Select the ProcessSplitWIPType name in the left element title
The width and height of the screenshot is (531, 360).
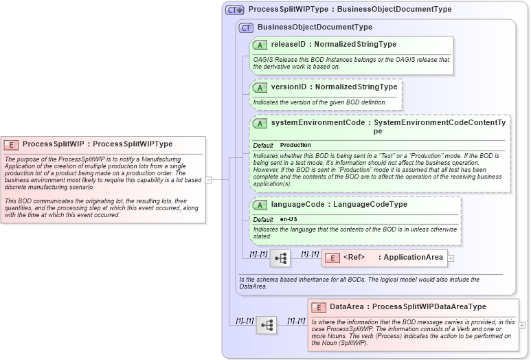(133, 144)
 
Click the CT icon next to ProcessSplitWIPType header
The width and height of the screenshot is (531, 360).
(235, 10)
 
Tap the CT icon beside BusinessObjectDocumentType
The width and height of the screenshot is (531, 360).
(246, 27)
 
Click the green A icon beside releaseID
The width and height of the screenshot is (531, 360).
(260, 45)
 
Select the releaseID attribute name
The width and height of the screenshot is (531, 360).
(288, 45)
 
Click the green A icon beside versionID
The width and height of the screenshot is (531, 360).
(260, 87)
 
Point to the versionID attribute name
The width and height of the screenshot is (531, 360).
(288, 87)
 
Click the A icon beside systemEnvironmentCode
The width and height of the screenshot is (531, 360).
(260, 123)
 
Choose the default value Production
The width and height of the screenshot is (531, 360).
(295, 146)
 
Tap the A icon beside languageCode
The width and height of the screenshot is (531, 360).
(260, 205)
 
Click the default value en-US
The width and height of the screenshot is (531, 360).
(289, 219)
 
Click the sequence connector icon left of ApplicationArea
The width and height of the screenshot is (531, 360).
(280, 258)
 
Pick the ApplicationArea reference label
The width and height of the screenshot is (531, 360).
(413, 258)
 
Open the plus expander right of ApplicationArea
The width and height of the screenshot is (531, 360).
(451, 258)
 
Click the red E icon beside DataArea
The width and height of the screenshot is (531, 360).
(318, 307)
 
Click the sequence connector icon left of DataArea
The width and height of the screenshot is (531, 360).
(266, 325)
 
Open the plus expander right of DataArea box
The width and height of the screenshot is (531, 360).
(523, 325)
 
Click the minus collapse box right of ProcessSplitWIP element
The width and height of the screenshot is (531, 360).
(209, 180)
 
